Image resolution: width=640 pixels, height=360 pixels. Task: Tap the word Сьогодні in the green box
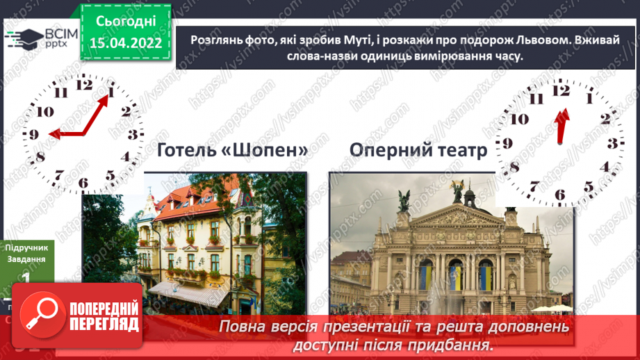(125, 22)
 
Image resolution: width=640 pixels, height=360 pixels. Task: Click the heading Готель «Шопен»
(233, 150)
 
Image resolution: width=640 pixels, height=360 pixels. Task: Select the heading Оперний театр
(418, 150)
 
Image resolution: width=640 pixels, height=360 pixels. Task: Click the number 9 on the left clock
(33, 136)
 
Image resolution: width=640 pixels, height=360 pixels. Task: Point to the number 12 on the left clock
(84, 85)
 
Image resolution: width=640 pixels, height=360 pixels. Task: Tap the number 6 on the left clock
(83, 184)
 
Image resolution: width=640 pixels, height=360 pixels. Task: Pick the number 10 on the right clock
(518, 119)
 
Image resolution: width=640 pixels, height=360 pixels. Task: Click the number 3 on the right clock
(612, 144)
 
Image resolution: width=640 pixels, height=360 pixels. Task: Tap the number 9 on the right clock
(508, 144)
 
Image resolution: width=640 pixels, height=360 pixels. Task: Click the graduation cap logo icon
(25, 37)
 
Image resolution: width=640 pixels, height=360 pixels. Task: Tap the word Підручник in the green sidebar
(26, 247)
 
